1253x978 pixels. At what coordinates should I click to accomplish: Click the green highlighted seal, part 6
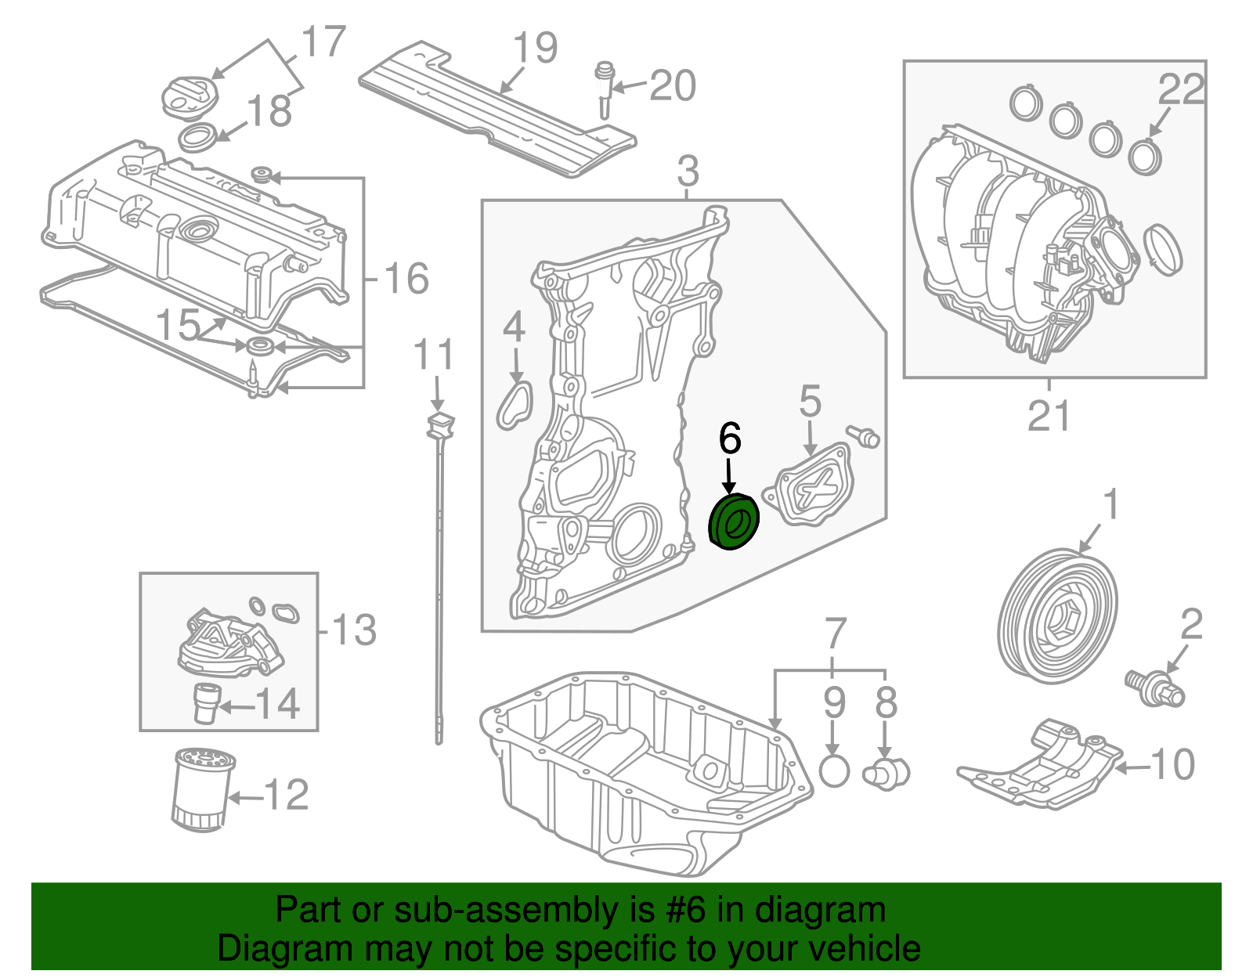pos(734,522)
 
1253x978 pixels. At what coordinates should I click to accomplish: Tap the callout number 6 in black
pos(729,438)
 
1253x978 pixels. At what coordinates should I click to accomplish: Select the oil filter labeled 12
pos(201,789)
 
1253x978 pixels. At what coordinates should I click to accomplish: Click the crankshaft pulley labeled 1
pos(1059,613)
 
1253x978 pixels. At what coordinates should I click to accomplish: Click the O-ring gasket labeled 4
pos(515,404)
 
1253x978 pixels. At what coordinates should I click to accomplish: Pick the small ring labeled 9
pos(834,771)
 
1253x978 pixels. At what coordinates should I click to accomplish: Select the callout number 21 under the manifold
pos(1048,416)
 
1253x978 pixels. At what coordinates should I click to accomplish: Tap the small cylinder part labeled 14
pos(206,702)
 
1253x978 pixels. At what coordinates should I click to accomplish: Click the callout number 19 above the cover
pos(535,49)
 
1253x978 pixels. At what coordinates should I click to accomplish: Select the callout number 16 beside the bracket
pos(406,279)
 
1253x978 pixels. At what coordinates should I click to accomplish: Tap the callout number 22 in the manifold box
pos(1180,88)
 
